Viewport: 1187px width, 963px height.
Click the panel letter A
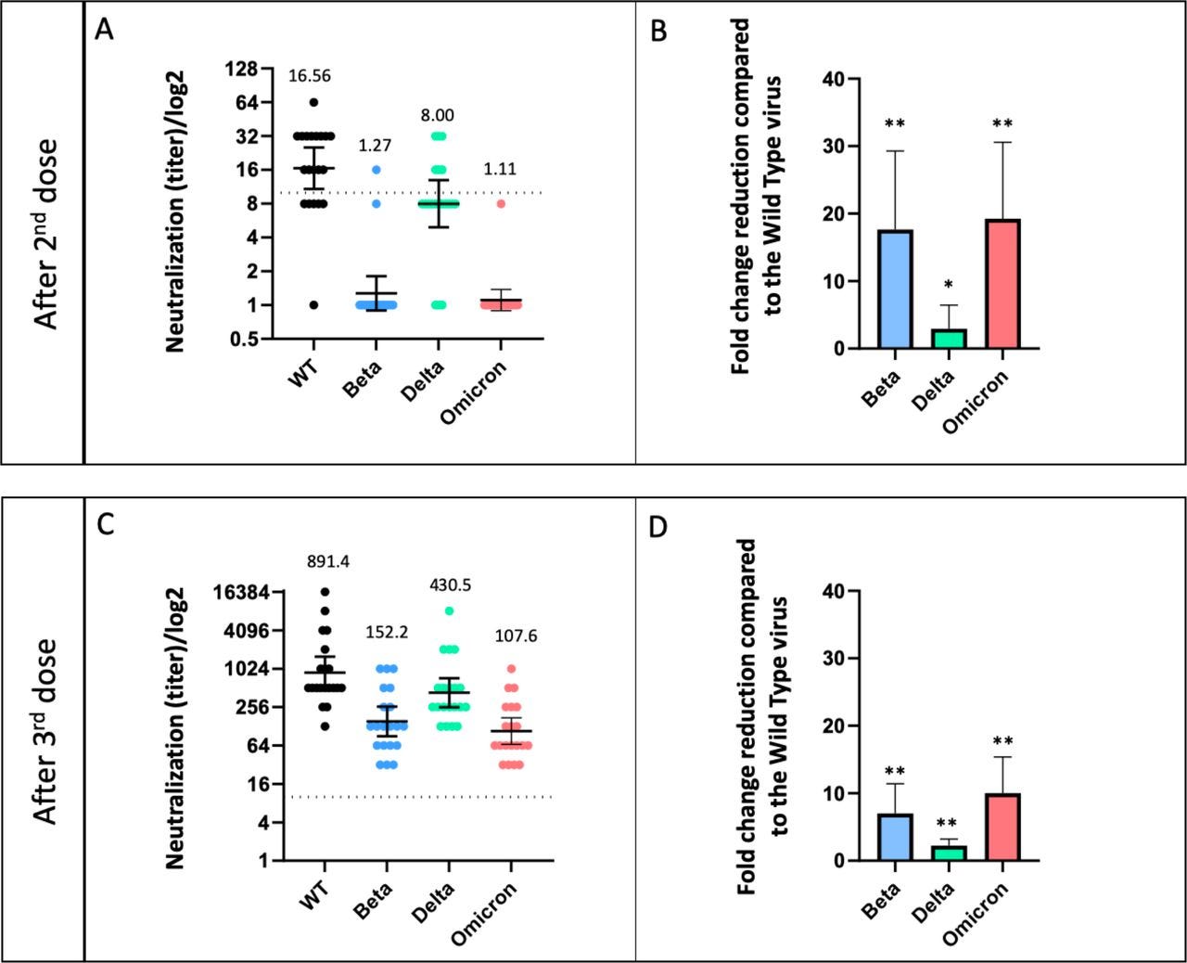click(x=105, y=30)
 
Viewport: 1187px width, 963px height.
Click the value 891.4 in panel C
click(x=327, y=561)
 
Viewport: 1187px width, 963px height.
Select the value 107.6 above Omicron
click(x=516, y=636)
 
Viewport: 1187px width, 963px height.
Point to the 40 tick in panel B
click(x=834, y=79)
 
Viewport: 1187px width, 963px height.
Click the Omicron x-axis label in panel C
click(x=486, y=913)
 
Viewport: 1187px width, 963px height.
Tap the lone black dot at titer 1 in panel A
click(x=313, y=305)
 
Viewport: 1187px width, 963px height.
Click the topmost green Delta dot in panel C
click(x=449, y=610)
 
